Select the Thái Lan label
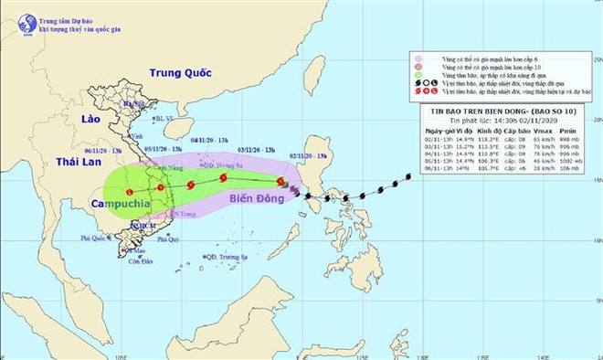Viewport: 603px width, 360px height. pyautogui.click(x=77, y=161)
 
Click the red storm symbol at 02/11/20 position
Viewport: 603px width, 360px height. pyautogui.click(x=280, y=183)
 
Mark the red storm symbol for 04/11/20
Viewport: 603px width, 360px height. pyautogui.click(x=191, y=185)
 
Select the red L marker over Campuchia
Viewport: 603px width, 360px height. pyautogui.click(x=129, y=192)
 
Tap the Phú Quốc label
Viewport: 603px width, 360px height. pyautogui.click(x=94, y=238)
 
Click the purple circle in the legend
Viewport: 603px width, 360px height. pyautogui.click(x=417, y=59)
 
